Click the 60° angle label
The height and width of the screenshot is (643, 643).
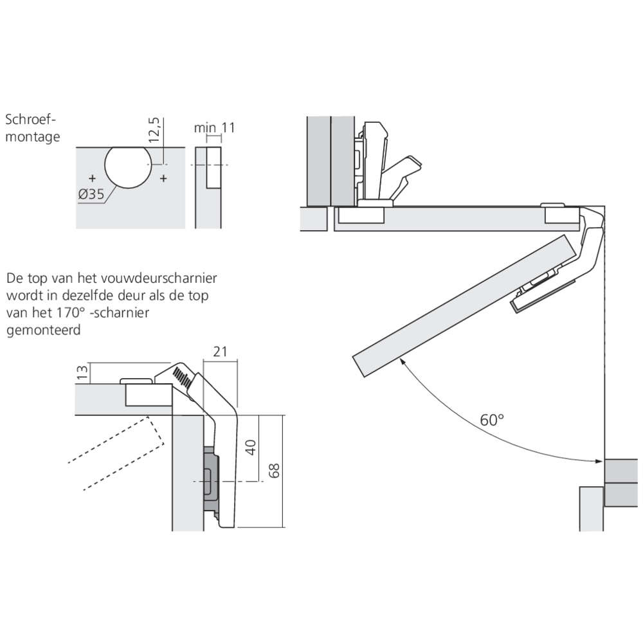(492, 420)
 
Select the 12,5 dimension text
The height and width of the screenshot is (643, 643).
(153, 130)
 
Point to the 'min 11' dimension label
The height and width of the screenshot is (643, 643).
(215, 127)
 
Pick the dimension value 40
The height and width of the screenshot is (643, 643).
(251, 447)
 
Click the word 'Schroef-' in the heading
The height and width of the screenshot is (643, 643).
(31, 120)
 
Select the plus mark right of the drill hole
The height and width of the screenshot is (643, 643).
(163, 177)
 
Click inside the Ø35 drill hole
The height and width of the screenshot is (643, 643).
(127, 166)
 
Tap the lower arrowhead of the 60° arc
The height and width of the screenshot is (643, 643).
(599, 460)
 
